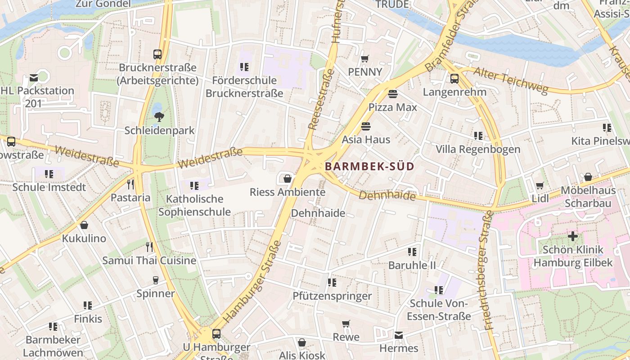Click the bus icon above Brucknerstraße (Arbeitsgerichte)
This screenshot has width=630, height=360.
click(157, 54)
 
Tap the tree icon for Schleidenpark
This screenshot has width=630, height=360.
click(159, 117)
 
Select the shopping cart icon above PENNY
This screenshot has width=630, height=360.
click(365, 58)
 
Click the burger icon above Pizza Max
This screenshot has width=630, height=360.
click(393, 94)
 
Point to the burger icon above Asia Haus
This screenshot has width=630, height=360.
click(365, 126)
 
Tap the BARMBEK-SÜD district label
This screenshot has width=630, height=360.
click(369, 166)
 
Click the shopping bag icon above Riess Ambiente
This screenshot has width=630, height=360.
click(288, 179)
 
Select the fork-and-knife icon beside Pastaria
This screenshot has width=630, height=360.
click(130, 184)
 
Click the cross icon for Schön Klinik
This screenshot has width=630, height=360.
click(572, 236)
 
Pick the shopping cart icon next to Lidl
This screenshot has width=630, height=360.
click(540, 186)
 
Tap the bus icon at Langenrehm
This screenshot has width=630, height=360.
click(454, 79)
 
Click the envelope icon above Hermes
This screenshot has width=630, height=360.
click(399, 335)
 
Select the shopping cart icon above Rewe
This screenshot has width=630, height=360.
click(346, 324)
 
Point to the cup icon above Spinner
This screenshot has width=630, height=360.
click(156, 280)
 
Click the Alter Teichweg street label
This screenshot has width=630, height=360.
click(511, 81)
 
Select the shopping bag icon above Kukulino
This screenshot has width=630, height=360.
click(84, 225)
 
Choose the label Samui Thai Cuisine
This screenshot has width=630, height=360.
click(149, 260)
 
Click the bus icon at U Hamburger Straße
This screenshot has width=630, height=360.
click(216, 334)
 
